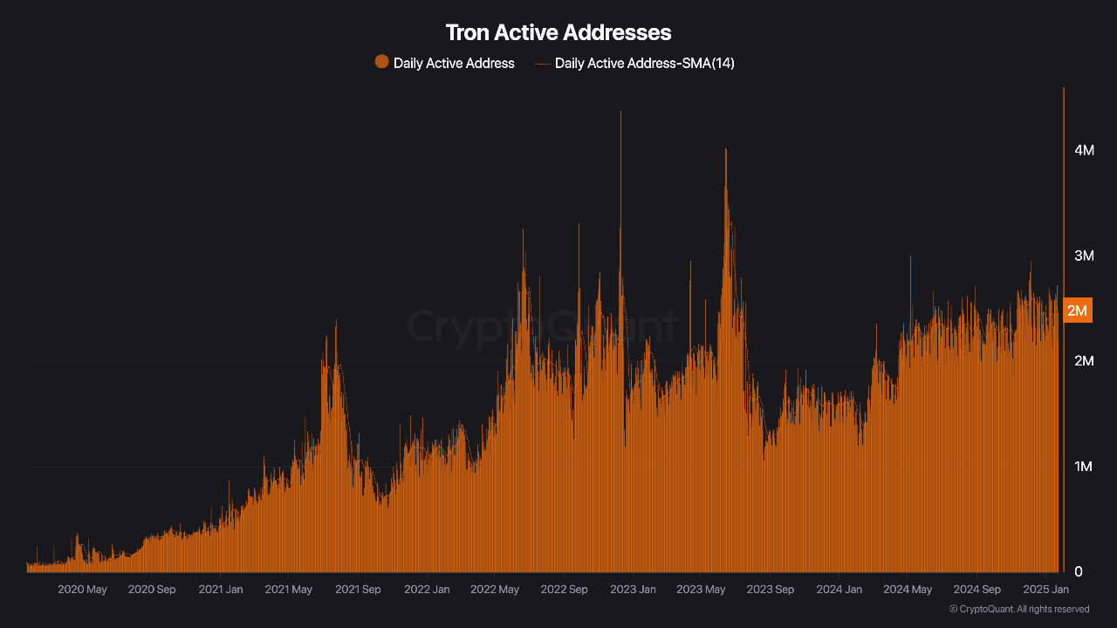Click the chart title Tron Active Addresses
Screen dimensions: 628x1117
click(558, 33)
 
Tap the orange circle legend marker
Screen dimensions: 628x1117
click(381, 62)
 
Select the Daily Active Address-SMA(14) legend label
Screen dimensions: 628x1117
click(644, 63)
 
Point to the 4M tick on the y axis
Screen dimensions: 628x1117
click(1084, 151)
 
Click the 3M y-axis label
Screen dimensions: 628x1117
click(1084, 256)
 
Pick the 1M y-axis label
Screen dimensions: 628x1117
click(1084, 467)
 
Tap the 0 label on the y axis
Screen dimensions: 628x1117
click(1079, 571)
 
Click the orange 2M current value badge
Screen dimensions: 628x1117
click(1078, 311)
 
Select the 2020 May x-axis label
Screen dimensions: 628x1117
click(82, 590)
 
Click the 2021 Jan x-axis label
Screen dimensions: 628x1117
click(221, 590)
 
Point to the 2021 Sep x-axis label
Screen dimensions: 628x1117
click(358, 590)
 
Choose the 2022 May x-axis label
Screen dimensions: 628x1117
click(495, 590)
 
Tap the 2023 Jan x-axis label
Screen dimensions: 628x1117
click(633, 590)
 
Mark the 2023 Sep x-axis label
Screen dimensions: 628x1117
click(771, 590)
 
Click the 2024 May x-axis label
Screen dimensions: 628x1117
click(908, 590)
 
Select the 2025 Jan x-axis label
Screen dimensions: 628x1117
click(1045, 590)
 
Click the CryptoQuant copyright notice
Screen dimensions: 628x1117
click(1018, 609)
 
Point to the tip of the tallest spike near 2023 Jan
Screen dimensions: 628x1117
click(620, 113)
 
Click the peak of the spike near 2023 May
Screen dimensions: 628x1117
click(725, 150)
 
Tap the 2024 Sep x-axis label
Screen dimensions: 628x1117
click(977, 590)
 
